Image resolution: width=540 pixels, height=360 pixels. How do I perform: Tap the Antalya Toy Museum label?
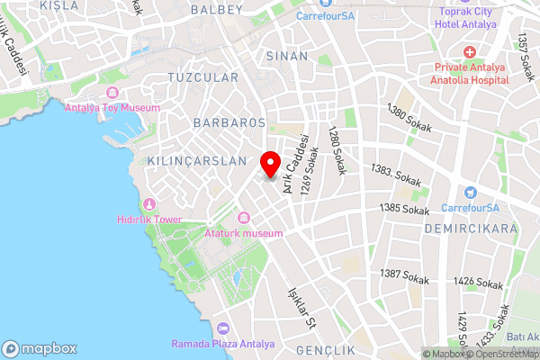click(x=112, y=108)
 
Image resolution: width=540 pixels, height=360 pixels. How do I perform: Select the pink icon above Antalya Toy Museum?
click(x=112, y=93)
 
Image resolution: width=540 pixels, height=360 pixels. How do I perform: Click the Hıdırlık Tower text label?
click(x=149, y=219)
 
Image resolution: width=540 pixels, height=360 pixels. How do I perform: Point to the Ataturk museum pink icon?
click(x=244, y=218)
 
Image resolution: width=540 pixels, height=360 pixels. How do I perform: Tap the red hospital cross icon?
click(x=471, y=53)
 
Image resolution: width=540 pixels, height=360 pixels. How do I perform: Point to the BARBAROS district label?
click(x=229, y=121)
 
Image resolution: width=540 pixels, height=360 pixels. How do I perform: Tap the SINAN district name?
click(x=287, y=56)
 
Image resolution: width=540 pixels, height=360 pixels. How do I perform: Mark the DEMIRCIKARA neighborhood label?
click(x=472, y=229)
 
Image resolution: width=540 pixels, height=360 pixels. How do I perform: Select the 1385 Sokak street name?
click(x=404, y=209)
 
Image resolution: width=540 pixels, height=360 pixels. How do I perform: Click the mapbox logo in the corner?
click(x=40, y=348)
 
